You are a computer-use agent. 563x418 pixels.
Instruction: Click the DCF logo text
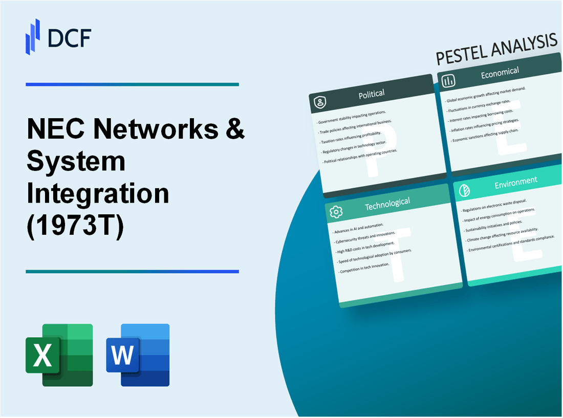click(x=70, y=37)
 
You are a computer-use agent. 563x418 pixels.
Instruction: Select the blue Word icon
click(x=138, y=355)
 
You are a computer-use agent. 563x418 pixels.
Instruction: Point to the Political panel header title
click(x=372, y=94)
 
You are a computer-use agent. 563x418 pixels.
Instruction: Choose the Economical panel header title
click(x=500, y=73)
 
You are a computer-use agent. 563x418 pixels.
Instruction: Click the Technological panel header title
click(x=387, y=203)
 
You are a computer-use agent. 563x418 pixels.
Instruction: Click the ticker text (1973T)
click(x=75, y=229)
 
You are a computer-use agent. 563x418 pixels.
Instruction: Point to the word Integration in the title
click(x=98, y=195)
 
